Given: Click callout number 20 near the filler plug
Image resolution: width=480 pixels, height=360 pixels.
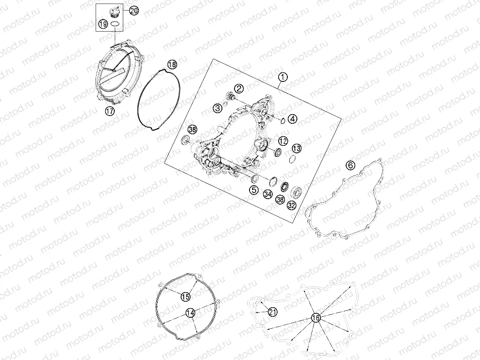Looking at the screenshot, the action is [x=134, y=11].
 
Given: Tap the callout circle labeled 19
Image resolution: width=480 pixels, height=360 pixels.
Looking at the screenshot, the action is [x=103, y=24].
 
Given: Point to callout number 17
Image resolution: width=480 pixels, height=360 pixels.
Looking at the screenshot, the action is [x=110, y=111].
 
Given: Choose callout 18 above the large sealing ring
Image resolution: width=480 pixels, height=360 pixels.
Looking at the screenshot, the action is [x=173, y=64].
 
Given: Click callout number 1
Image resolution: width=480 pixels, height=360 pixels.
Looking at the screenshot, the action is [x=283, y=77].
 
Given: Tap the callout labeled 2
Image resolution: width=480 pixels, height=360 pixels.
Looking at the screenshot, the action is [x=239, y=88].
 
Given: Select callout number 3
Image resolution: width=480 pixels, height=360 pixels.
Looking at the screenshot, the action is [x=218, y=108].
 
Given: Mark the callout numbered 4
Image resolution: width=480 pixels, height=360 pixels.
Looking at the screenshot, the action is [x=293, y=119].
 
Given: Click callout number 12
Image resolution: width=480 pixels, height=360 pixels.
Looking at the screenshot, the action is [x=283, y=141].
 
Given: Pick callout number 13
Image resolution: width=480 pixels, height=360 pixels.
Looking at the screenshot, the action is [x=296, y=149].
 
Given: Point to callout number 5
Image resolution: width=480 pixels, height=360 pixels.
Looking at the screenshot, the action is [x=254, y=190].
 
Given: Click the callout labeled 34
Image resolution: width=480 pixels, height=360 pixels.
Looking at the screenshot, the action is [x=268, y=194].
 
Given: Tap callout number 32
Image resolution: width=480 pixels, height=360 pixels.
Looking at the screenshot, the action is [x=291, y=205].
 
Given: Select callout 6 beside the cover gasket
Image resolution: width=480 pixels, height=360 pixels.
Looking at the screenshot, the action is [x=351, y=165].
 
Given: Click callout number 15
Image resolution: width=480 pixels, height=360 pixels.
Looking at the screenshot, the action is [x=186, y=296].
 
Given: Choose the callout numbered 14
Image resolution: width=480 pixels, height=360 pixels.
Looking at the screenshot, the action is [x=190, y=313].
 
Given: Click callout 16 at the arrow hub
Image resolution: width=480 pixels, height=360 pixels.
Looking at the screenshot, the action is [x=315, y=318].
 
